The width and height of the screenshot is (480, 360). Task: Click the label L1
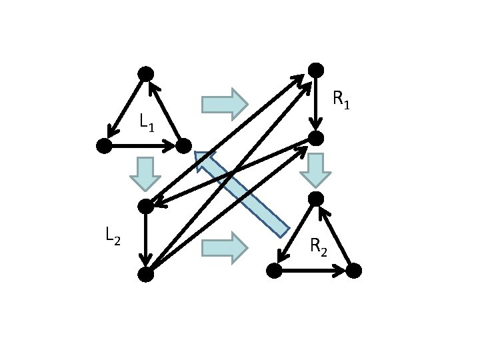click(147, 122)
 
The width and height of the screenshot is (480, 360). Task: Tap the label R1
click(341, 101)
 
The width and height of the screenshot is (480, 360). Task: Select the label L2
click(112, 235)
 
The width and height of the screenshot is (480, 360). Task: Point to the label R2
click(319, 246)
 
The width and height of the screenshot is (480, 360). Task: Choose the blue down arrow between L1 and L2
click(145, 173)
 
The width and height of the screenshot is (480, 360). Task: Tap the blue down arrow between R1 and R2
click(315, 170)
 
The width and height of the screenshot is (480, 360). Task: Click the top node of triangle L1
click(145, 73)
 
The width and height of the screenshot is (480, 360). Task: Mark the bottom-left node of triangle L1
click(103, 146)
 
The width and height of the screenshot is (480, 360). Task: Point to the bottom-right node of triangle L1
click(184, 145)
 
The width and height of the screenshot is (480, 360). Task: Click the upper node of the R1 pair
click(316, 69)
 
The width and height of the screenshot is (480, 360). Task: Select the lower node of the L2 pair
click(145, 273)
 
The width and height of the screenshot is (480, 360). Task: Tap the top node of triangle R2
click(316, 198)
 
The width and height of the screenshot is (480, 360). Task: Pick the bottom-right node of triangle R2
click(353, 270)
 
